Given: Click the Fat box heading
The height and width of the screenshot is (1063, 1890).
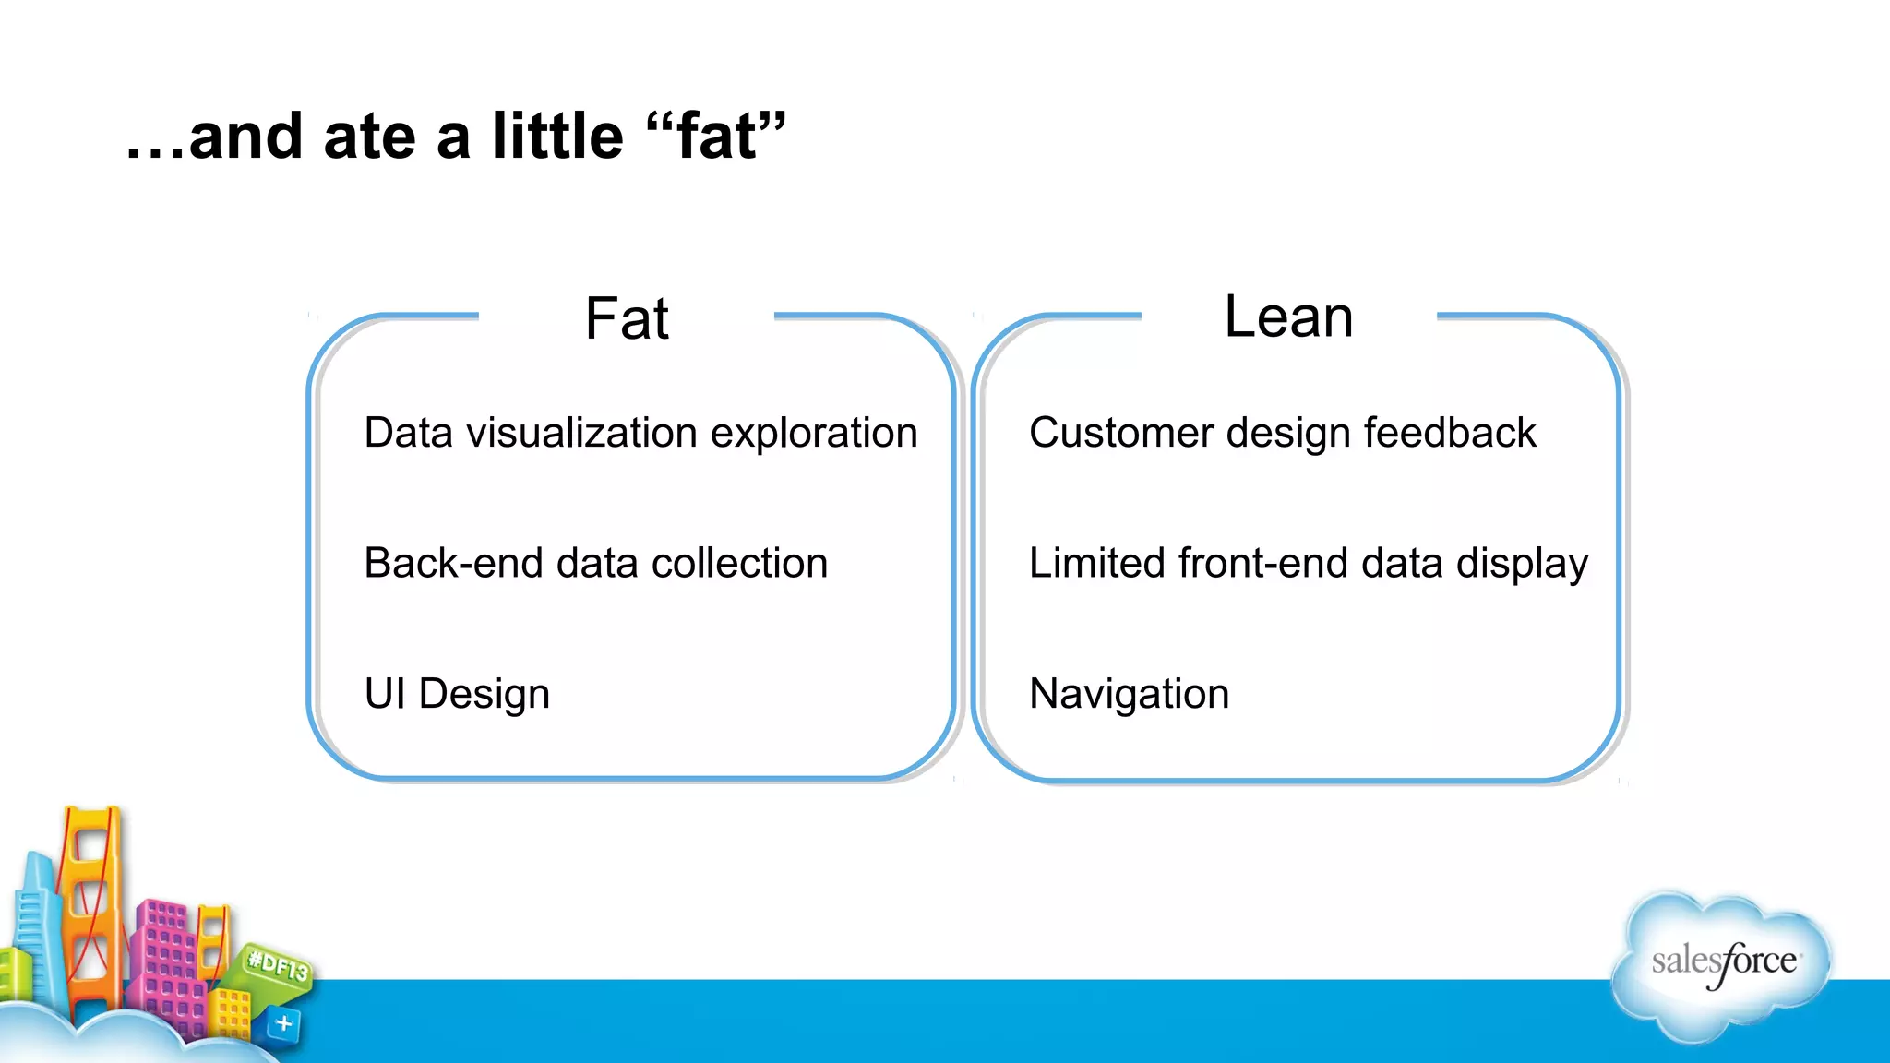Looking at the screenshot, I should click(x=627, y=319).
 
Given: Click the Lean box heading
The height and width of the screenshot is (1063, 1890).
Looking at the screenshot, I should click(x=1288, y=317).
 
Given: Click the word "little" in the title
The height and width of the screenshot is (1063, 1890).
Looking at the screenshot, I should click(x=557, y=137).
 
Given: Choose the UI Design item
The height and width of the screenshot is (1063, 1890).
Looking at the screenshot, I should click(x=457, y=694).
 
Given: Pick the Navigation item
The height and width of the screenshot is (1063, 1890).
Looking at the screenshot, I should click(x=1129, y=694).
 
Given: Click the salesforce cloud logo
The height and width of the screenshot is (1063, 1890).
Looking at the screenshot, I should click(x=1722, y=964).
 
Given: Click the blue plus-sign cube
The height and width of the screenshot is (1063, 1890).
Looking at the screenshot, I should click(x=283, y=1023).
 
